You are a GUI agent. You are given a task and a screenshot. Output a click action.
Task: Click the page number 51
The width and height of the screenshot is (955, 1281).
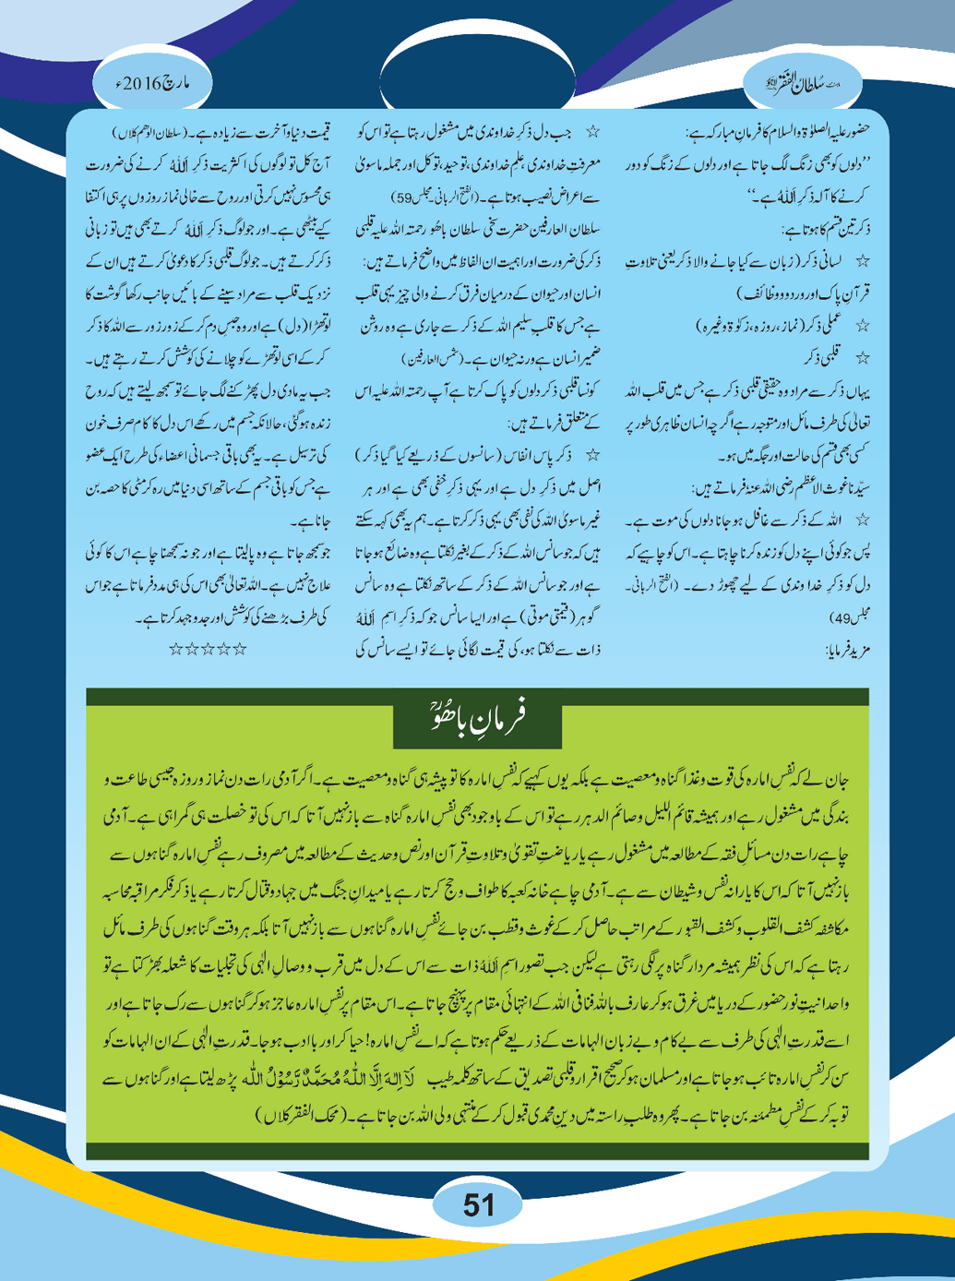click(x=478, y=1204)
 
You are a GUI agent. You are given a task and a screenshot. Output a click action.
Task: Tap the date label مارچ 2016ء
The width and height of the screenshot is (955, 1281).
click(x=153, y=84)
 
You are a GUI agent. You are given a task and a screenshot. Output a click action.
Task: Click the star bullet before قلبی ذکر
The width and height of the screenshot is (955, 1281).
click(x=863, y=357)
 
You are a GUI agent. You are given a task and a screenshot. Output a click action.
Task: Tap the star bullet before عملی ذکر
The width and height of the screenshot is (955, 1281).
click(x=863, y=326)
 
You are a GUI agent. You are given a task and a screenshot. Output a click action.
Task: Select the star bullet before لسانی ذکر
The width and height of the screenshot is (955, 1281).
click(x=863, y=262)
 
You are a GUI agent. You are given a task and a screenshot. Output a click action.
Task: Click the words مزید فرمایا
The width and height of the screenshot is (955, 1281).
click(x=843, y=651)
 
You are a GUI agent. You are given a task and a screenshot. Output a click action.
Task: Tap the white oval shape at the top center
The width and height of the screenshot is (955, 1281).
click(x=478, y=69)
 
